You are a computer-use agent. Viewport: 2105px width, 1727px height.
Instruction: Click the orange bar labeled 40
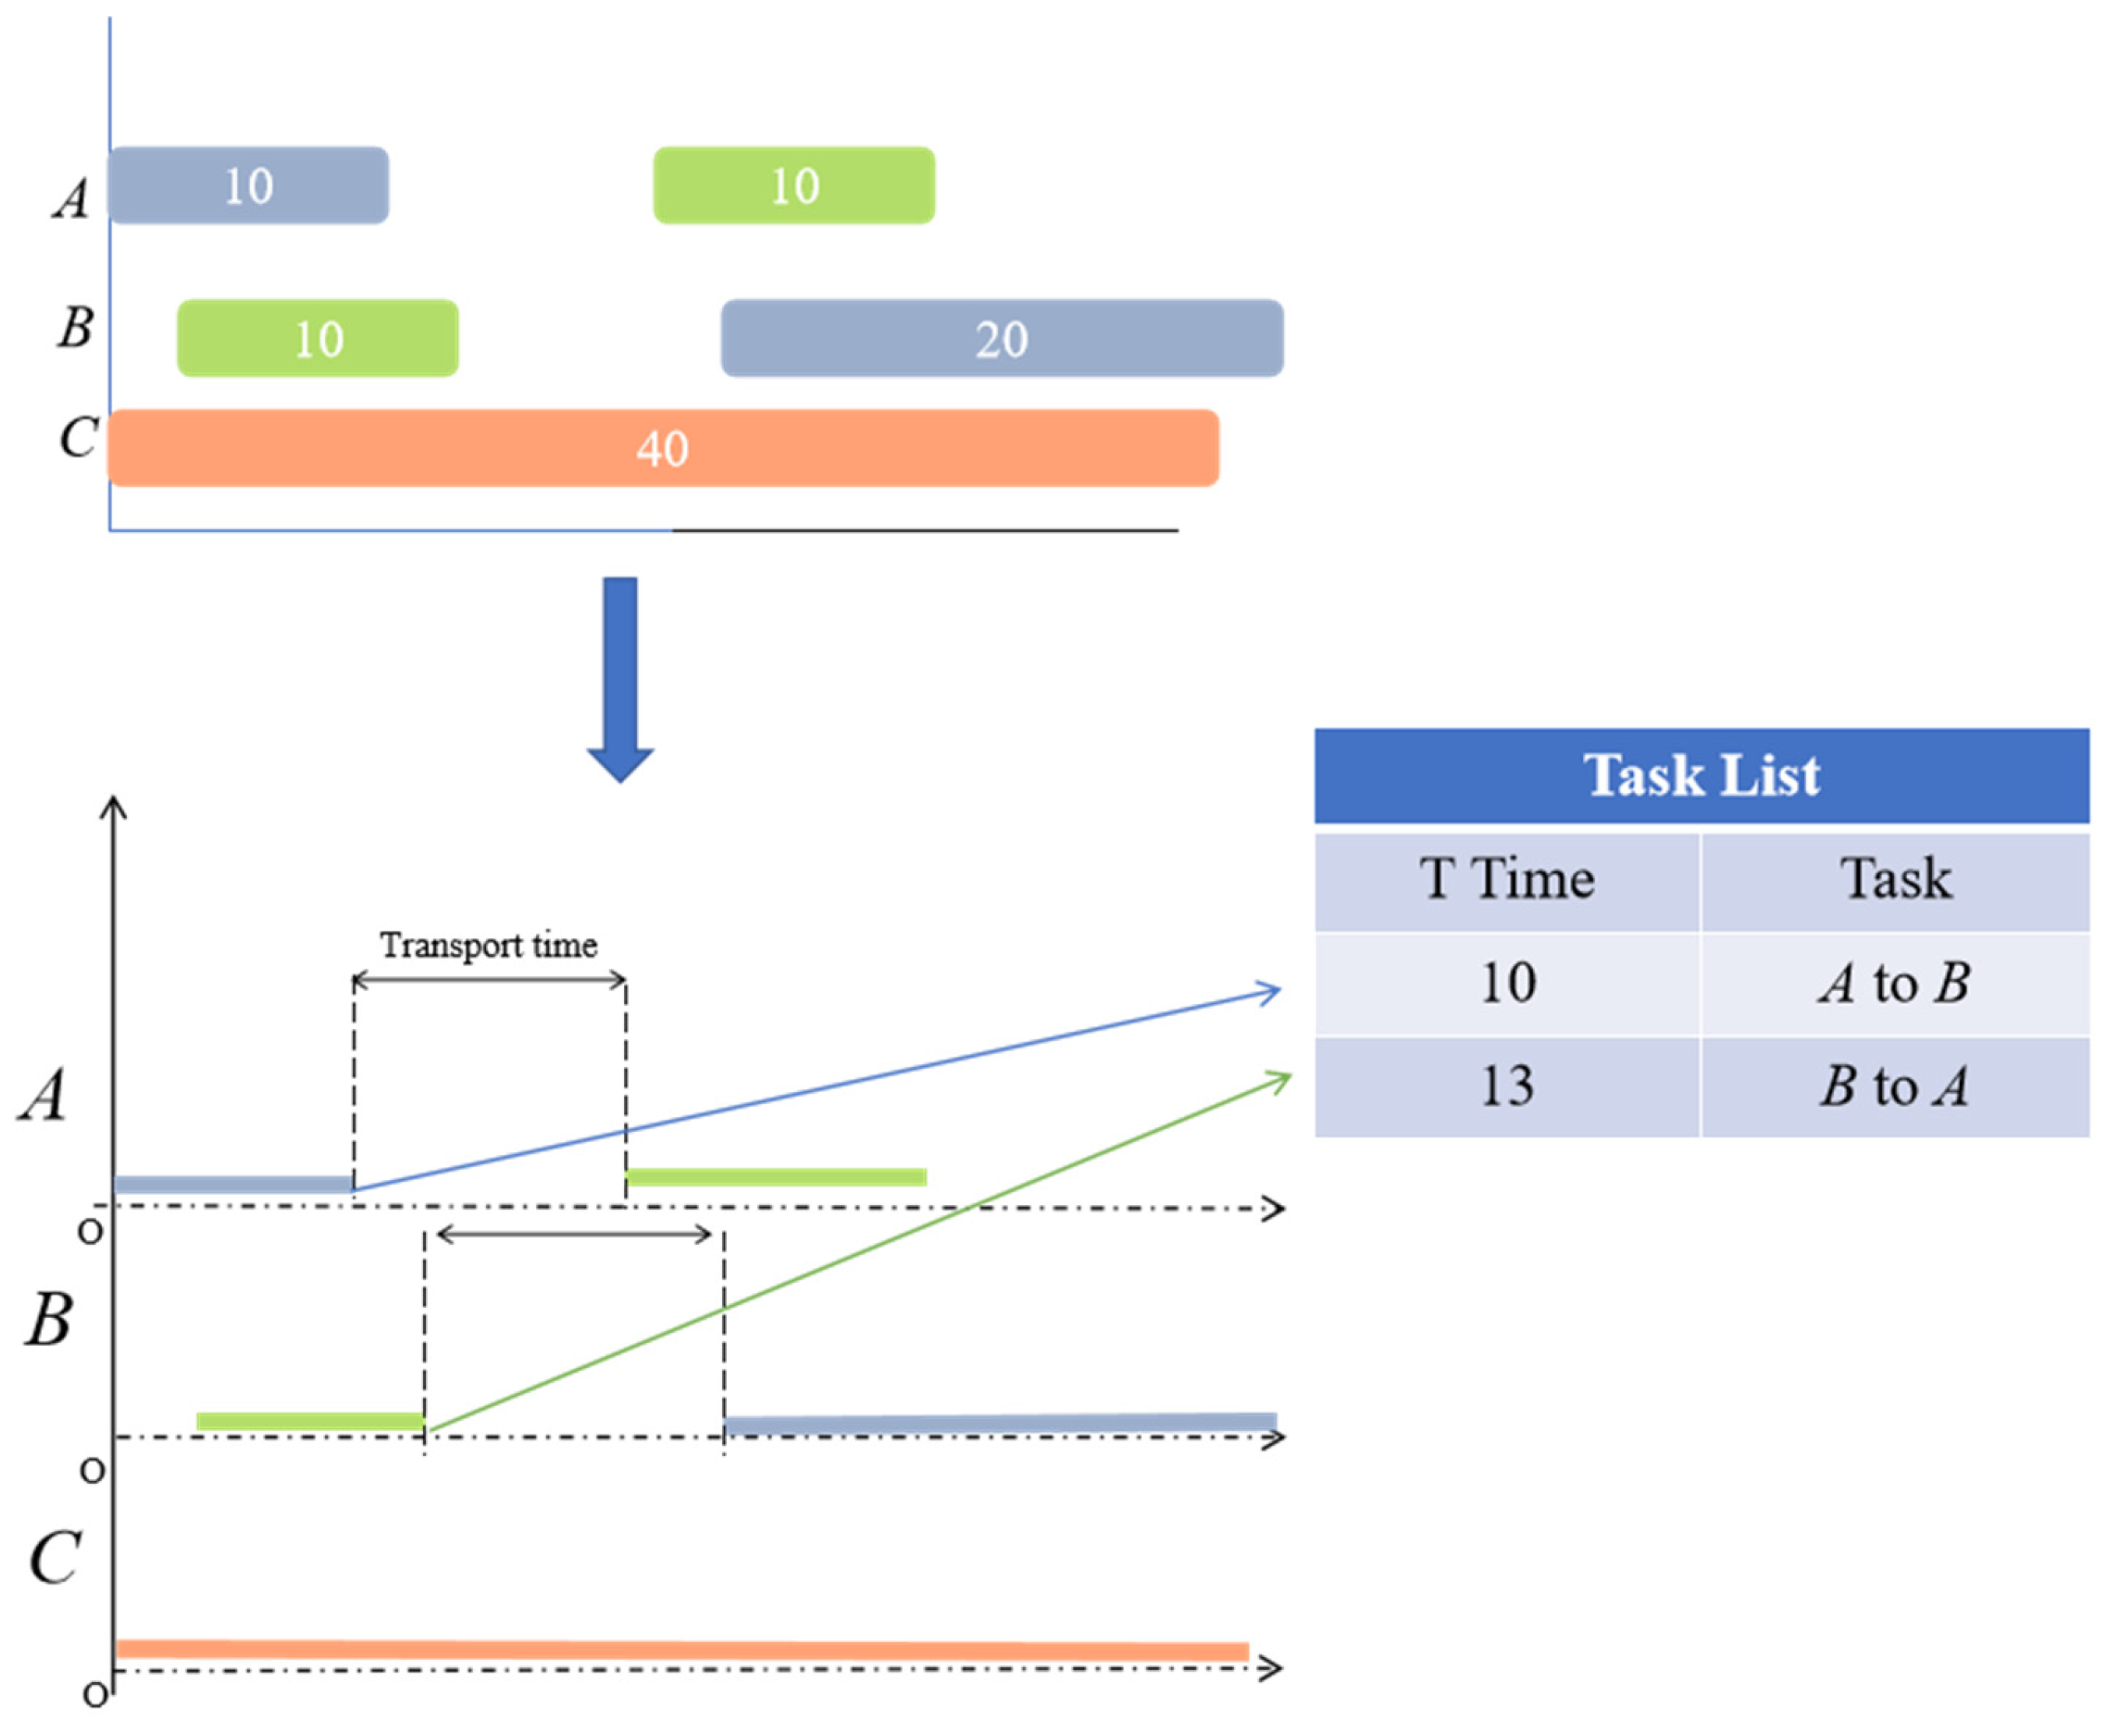click(662, 448)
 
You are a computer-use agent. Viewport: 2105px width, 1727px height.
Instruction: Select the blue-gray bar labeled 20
click(1001, 338)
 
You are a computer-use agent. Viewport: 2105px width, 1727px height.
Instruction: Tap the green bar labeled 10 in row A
click(794, 186)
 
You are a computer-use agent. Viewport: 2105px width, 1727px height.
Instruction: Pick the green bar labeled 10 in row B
click(317, 338)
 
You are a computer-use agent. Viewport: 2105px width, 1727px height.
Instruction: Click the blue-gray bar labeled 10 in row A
click(248, 186)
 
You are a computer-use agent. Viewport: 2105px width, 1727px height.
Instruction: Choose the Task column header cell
click(1895, 879)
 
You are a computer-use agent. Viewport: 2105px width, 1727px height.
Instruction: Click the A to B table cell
click(1895, 983)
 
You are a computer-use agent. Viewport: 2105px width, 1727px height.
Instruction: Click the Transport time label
click(488, 944)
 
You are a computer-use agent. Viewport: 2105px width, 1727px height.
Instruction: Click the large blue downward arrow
click(620, 676)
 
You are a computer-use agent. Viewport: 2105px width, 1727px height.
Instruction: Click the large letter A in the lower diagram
click(44, 1095)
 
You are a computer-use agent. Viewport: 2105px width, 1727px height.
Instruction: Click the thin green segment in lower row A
click(776, 1177)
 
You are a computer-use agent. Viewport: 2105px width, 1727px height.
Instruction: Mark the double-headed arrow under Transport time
click(488, 981)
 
